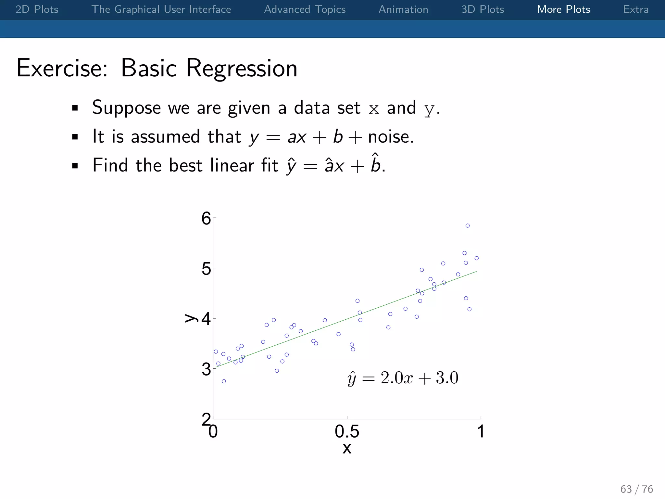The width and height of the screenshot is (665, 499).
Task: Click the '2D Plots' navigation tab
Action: tap(37, 9)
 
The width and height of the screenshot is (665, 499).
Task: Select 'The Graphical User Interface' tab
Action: tap(161, 9)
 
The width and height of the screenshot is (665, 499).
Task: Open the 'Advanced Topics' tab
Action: tap(305, 9)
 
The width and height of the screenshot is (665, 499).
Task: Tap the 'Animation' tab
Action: tap(403, 9)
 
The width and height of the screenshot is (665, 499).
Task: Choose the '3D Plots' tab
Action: tap(483, 9)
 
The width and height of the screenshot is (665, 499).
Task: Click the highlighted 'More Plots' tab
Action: tap(563, 9)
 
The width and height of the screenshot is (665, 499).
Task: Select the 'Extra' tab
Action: tap(635, 9)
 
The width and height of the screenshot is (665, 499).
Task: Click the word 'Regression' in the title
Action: tap(242, 69)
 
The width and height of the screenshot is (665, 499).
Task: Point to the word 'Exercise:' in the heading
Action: tap(62, 68)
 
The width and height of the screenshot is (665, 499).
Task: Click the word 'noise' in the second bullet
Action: tap(389, 137)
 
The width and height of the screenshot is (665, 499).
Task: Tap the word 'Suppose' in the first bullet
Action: tap(126, 108)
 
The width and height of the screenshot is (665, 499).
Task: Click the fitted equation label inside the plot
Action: tap(403, 378)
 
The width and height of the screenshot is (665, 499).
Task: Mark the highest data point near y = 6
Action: tap(468, 226)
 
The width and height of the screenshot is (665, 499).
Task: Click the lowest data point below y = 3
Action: tap(224, 381)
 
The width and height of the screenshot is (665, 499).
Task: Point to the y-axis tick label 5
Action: tap(206, 269)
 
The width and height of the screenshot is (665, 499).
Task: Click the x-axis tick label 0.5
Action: tap(347, 432)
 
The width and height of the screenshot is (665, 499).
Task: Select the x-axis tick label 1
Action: tap(481, 432)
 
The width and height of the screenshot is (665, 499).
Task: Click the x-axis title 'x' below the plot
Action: tap(347, 449)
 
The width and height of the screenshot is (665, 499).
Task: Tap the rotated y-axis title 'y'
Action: tap(191, 318)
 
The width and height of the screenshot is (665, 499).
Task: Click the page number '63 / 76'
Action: tap(636, 489)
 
